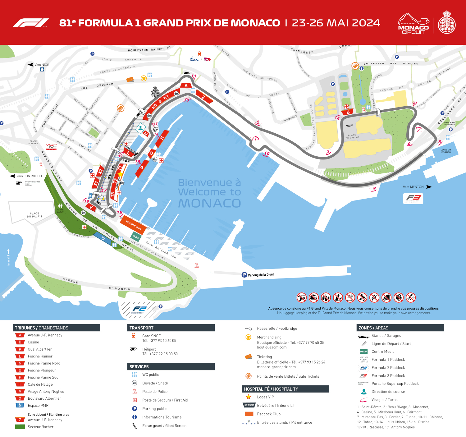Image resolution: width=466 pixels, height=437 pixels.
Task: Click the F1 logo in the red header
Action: [x=31, y=23]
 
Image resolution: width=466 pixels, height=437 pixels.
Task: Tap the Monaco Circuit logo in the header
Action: [x=413, y=24]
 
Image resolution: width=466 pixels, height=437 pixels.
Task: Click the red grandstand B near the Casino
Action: [x=348, y=112]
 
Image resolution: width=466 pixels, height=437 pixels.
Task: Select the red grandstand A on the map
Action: [x=186, y=85]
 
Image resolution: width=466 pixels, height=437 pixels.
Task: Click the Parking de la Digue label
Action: [x=261, y=275]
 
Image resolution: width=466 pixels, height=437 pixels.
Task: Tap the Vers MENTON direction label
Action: [x=413, y=187]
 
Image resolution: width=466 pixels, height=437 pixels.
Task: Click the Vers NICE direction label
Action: [x=42, y=65]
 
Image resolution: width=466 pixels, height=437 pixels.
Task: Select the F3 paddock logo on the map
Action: [x=413, y=198]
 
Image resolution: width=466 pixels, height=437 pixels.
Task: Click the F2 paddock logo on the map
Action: [x=139, y=309]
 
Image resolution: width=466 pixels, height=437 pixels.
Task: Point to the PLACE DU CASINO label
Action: [x=352, y=136]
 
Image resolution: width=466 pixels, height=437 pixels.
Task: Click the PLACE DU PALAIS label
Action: [x=34, y=215]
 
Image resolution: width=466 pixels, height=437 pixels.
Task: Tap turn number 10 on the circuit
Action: [x=267, y=154]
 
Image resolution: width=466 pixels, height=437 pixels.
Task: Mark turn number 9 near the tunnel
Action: [x=374, y=189]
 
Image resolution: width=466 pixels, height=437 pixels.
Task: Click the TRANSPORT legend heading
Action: [x=141, y=328]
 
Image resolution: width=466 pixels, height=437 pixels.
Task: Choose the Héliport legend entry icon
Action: [x=134, y=349]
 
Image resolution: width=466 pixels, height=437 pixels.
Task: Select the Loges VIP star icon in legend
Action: [x=249, y=397]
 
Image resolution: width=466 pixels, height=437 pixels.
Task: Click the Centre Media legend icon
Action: [x=363, y=352]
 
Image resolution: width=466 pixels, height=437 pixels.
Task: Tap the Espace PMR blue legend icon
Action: [x=20, y=405]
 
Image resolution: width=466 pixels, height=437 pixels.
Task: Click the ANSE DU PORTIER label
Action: [x=446, y=151]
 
